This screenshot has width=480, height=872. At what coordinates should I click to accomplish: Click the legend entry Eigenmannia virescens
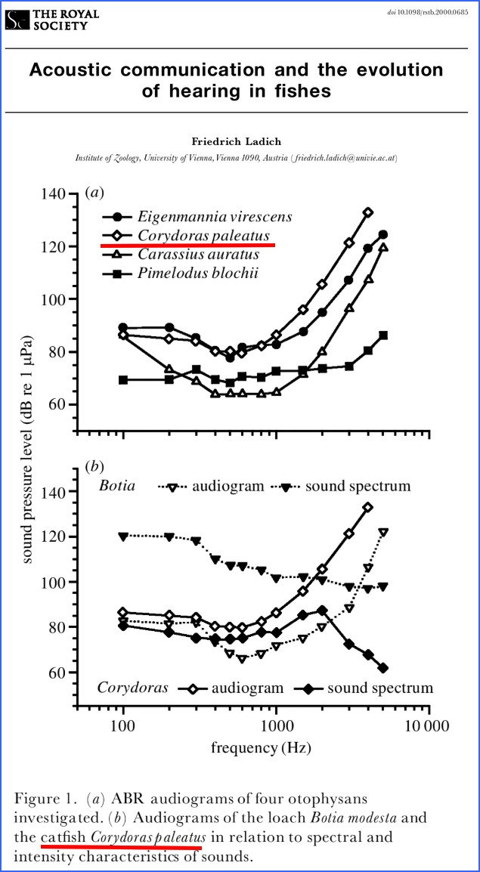point(215,217)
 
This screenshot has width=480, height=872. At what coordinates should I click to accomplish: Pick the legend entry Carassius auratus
point(198,255)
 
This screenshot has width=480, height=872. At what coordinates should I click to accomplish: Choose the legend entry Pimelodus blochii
point(197,274)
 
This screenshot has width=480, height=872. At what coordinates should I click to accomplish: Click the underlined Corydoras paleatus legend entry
point(203,236)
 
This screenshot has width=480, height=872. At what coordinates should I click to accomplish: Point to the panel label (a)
point(94,193)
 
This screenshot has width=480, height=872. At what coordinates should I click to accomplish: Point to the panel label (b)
point(94,465)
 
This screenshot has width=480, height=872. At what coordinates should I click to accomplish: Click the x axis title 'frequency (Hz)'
point(261,748)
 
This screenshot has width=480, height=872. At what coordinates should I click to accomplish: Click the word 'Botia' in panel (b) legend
point(117,485)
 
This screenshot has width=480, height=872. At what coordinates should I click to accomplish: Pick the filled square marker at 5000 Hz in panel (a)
point(383,335)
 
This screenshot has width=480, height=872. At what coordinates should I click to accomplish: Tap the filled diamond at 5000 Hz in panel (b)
point(383,668)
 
